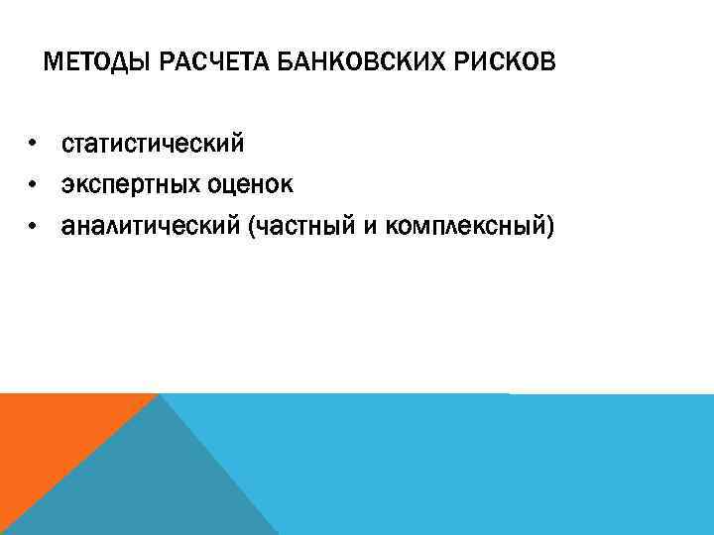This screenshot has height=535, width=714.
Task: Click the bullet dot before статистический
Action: [33, 146]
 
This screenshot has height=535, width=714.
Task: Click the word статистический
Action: [153, 146]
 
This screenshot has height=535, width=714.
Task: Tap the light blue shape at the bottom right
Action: [496, 466]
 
